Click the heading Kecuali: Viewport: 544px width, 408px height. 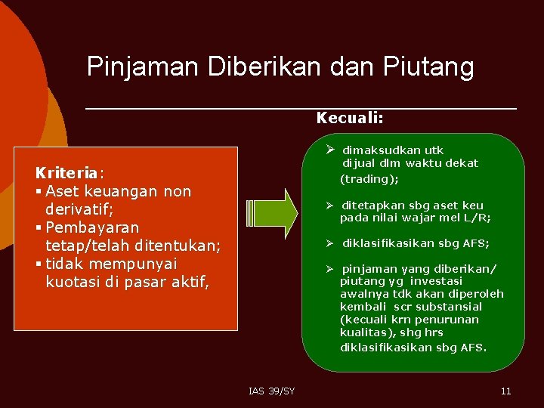350,118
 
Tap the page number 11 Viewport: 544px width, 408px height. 505,391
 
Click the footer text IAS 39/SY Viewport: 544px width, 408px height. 271,391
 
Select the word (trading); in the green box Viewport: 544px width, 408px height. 369,179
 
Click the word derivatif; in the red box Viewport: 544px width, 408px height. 79,209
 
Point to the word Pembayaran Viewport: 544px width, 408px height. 92,227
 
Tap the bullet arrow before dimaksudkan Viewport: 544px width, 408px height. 331,149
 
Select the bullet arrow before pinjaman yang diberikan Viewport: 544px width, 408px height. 330,268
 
